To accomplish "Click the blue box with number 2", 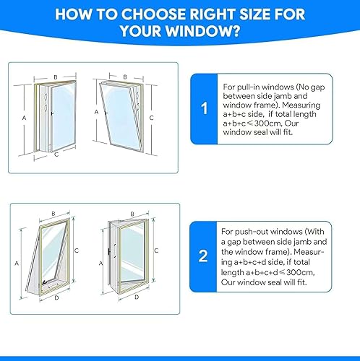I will pyautogui.click(x=205, y=255).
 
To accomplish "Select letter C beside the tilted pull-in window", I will pyautogui.click(x=151, y=117).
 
